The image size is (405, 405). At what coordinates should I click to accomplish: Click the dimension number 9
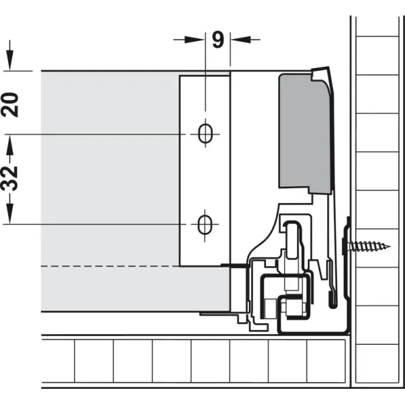(218, 40)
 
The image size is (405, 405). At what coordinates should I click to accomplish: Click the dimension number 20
(10, 105)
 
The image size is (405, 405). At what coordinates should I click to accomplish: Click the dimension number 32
(10, 178)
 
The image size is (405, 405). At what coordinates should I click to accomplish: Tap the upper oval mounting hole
(205, 134)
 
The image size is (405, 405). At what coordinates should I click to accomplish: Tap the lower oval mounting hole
(205, 225)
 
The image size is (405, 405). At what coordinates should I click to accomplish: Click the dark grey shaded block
(304, 133)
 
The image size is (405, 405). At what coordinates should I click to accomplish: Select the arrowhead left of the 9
(195, 40)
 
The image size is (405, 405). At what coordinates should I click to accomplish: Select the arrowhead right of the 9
(241, 40)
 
